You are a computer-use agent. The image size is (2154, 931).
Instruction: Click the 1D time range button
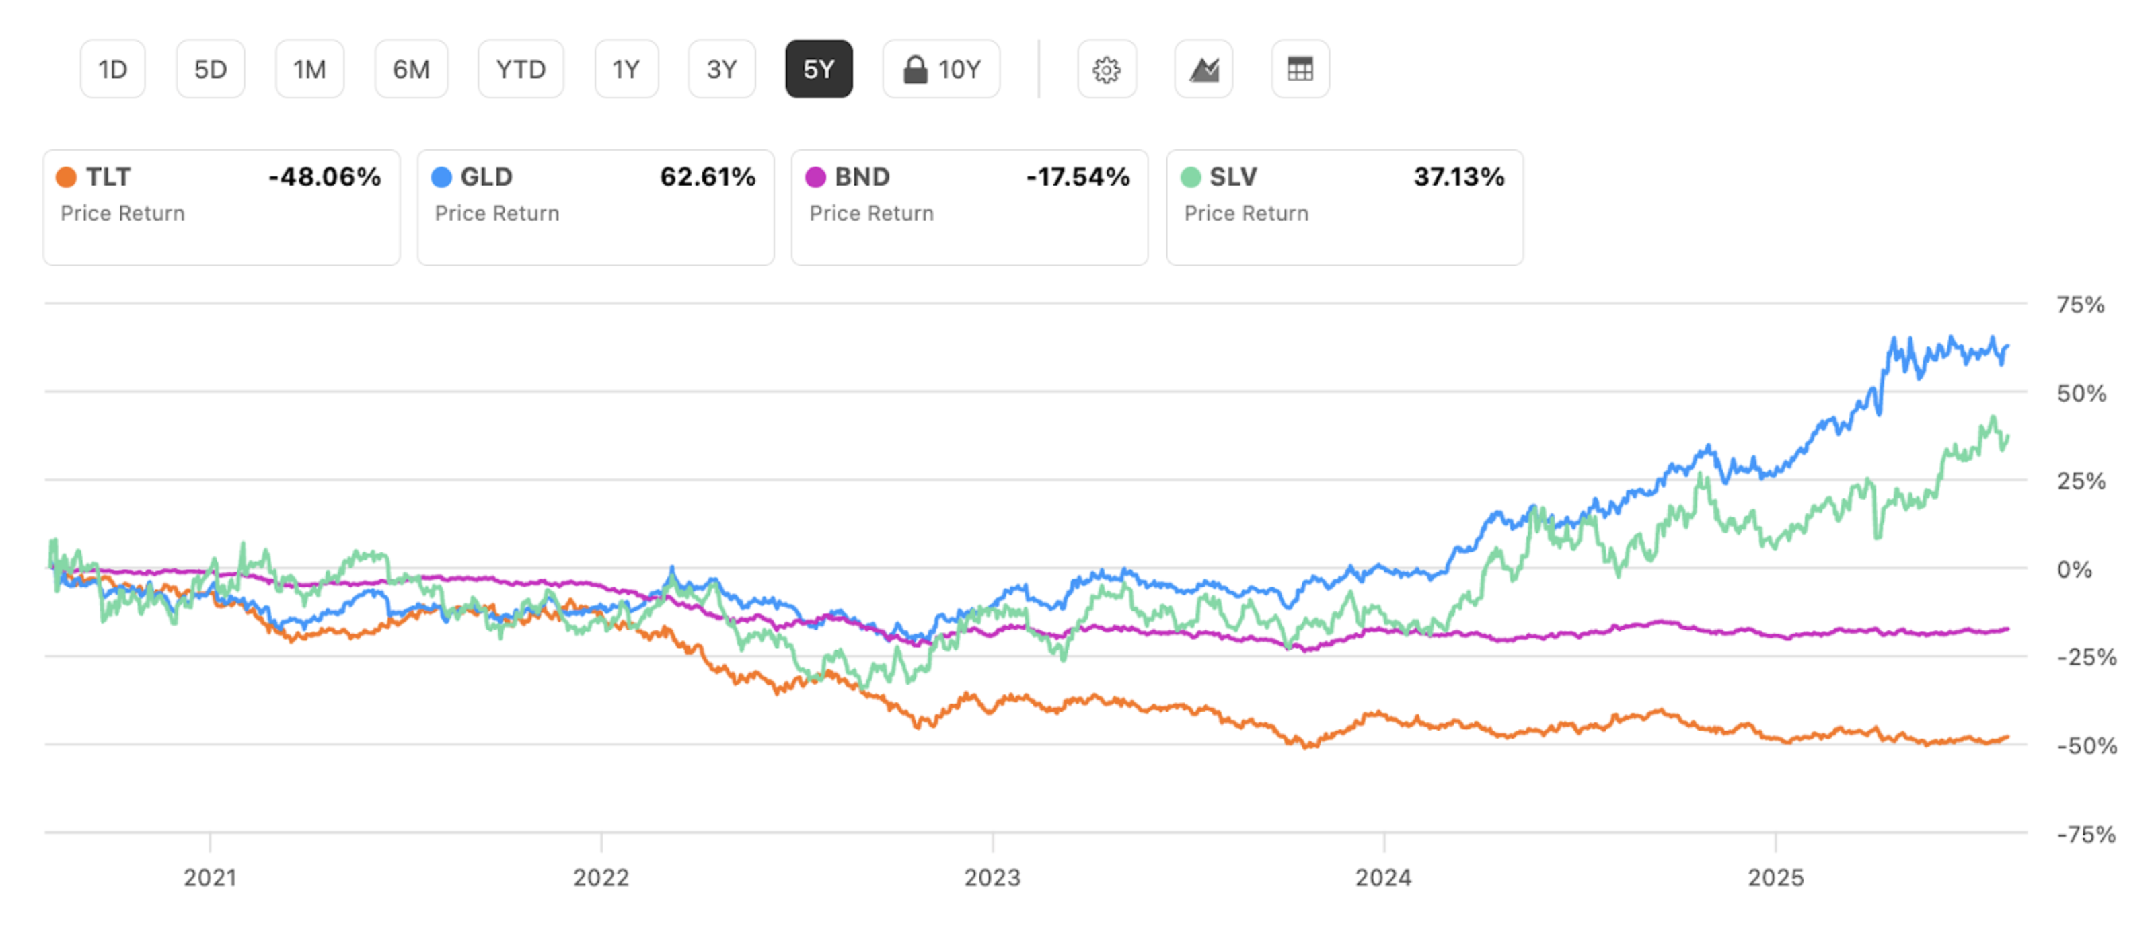click(x=113, y=69)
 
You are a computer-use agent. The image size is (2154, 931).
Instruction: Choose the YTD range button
click(x=520, y=69)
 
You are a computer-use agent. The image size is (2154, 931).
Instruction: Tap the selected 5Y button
click(x=818, y=69)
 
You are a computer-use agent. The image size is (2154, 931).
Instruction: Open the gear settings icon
click(x=1107, y=69)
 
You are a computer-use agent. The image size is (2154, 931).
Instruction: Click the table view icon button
click(x=1300, y=69)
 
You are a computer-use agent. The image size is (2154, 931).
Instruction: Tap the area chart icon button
click(x=1203, y=69)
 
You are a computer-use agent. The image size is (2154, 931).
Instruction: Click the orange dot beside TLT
click(x=66, y=178)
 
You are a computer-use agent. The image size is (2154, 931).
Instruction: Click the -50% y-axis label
click(x=2086, y=745)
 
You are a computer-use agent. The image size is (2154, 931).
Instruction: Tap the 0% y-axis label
click(x=2074, y=570)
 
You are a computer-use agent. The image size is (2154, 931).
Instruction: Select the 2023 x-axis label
click(x=992, y=877)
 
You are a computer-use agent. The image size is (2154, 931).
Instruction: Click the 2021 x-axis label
click(x=210, y=877)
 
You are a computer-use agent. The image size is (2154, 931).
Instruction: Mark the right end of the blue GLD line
click(x=2007, y=346)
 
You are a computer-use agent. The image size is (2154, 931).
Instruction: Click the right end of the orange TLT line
click(x=2007, y=737)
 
